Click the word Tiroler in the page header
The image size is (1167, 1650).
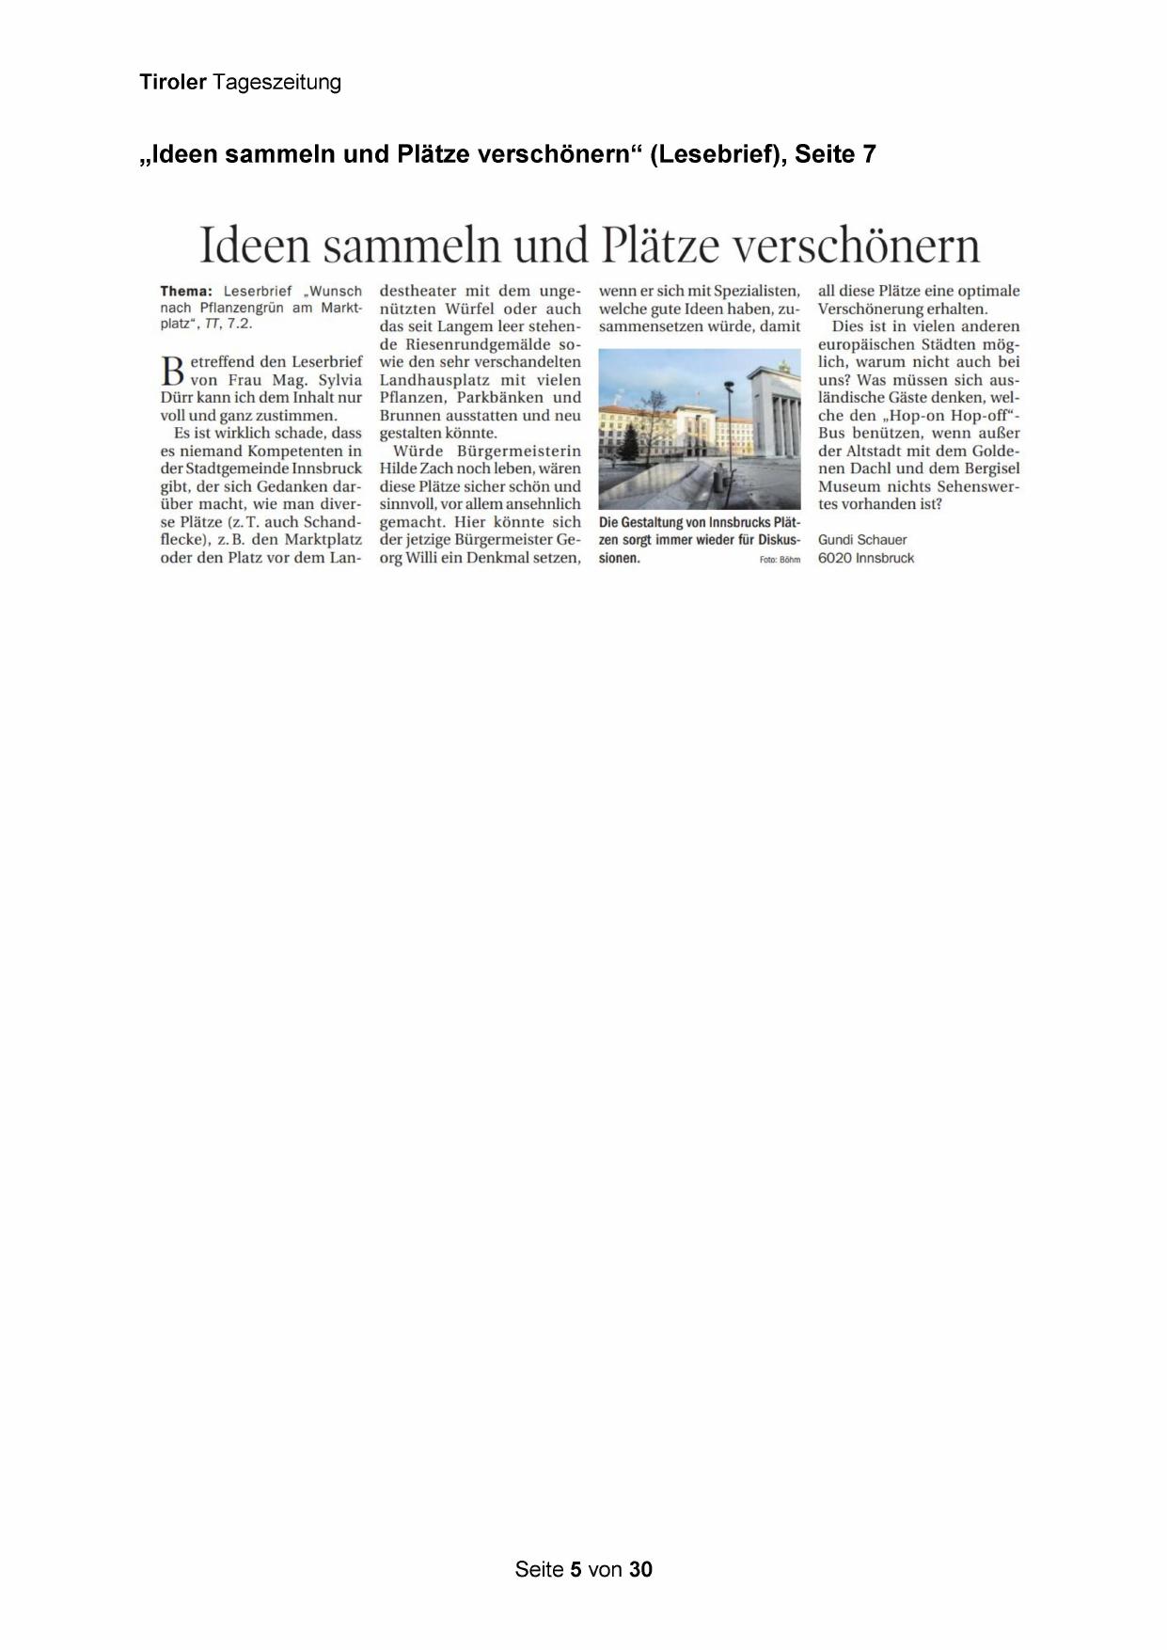click(173, 82)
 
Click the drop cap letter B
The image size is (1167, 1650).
click(173, 371)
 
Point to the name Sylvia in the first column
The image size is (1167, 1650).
click(338, 380)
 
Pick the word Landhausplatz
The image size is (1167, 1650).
click(431, 380)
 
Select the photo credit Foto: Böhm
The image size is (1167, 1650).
click(780, 560)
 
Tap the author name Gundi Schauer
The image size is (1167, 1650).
click(862, 540)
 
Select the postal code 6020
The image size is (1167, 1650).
click(834, 558)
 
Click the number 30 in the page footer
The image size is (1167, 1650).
click(640, 1568)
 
